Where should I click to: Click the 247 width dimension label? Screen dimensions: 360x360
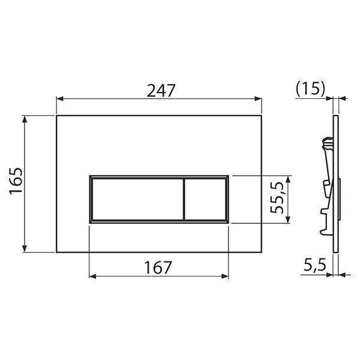pos(161,90)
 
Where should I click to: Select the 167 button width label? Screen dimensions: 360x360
pos(158,268)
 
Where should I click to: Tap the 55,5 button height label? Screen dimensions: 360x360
pos(277,197)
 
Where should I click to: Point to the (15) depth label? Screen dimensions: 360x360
pos(311,88)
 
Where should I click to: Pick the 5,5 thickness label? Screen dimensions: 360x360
pos(315,265)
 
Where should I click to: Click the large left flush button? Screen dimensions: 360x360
pos(137,199)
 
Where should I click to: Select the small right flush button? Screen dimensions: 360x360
pos(205,199)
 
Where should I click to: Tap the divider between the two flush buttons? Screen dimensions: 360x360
pos(184,199)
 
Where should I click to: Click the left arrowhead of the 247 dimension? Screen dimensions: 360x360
pos(59,99)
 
